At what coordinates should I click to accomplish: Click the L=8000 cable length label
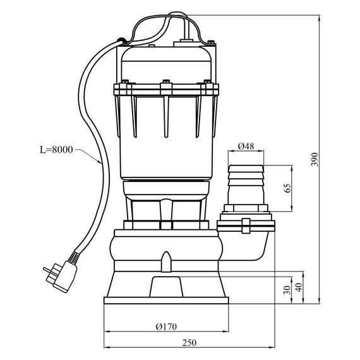[56, 150]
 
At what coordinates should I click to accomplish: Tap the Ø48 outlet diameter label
[246, 147]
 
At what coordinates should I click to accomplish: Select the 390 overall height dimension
[315, 159]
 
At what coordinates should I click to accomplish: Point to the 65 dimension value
[287, 188]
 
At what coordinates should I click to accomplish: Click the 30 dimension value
[287, 290]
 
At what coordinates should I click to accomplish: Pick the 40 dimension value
[299, 287]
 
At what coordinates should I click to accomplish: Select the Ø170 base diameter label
[166, 327]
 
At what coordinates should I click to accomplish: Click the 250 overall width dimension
[189, 343]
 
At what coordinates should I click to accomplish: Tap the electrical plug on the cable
[60, 277]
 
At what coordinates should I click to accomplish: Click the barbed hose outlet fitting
[246, 185]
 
